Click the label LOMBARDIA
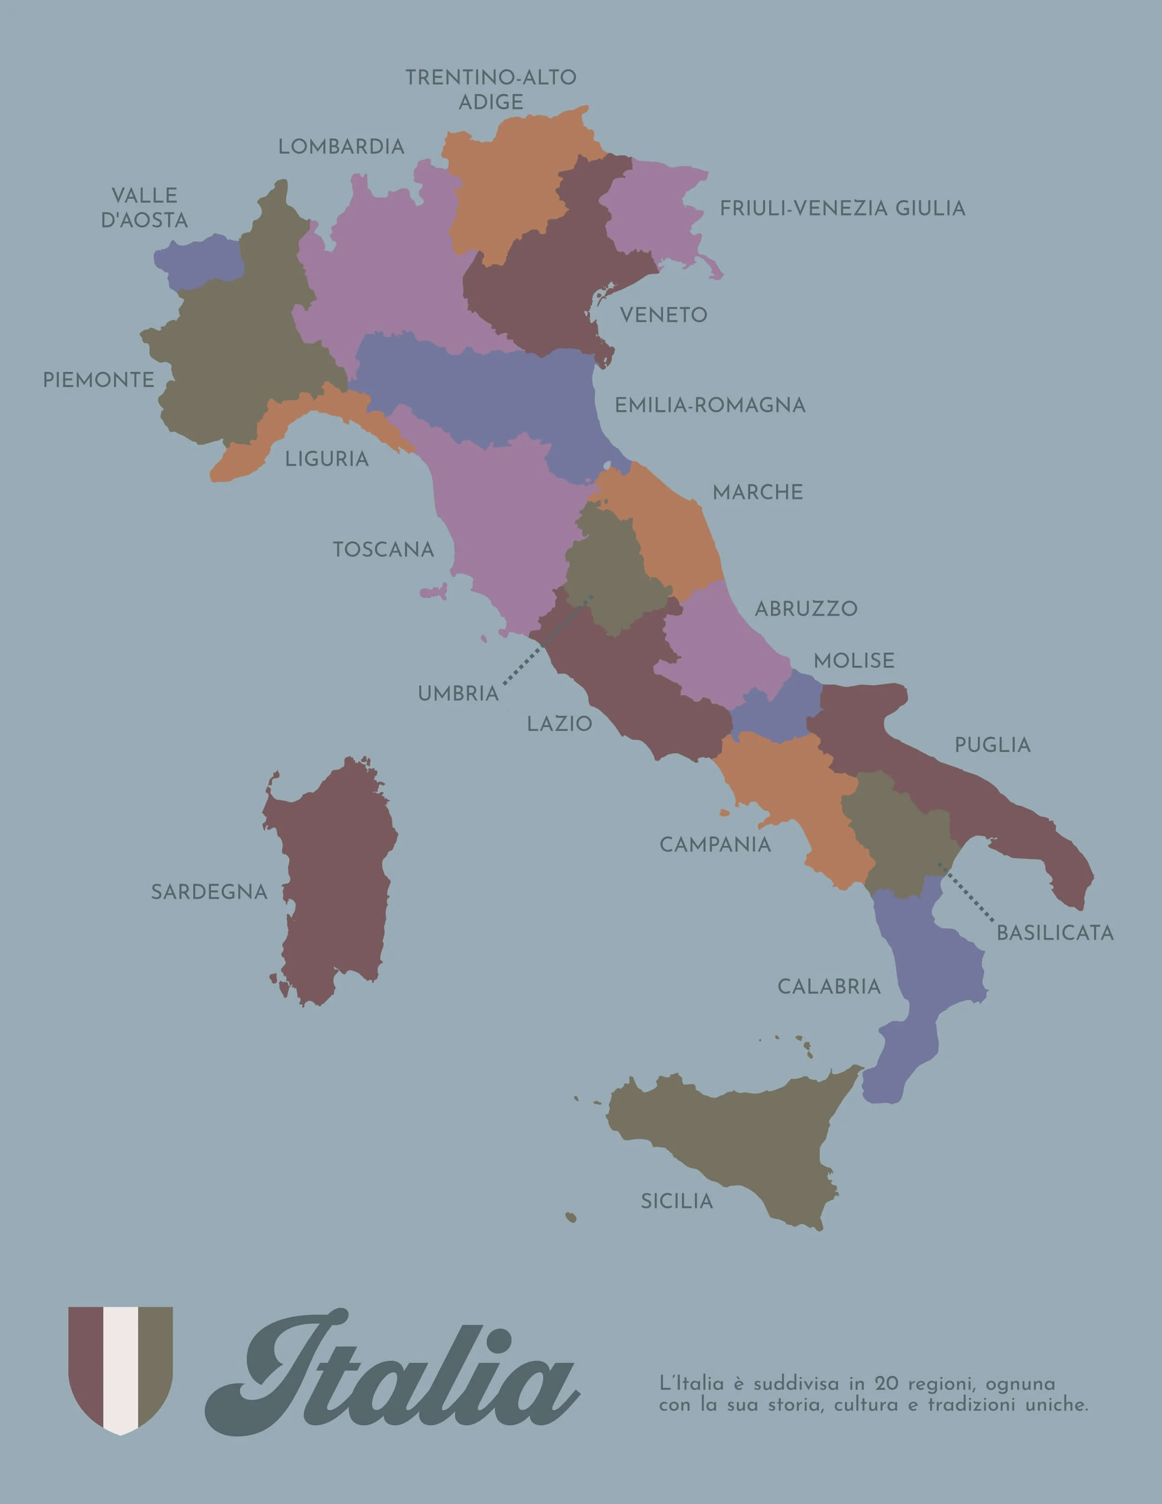coord(341,147)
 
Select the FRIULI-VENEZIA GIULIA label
coord(842,208)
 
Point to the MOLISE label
coord(853,661)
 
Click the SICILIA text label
coord(677,1202)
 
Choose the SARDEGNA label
coord(209,893)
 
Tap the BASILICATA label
coord(1055,934)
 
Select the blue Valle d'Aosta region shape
coord(200,262)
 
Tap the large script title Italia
coord(392,1371)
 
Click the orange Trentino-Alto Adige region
coord(509,186)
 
